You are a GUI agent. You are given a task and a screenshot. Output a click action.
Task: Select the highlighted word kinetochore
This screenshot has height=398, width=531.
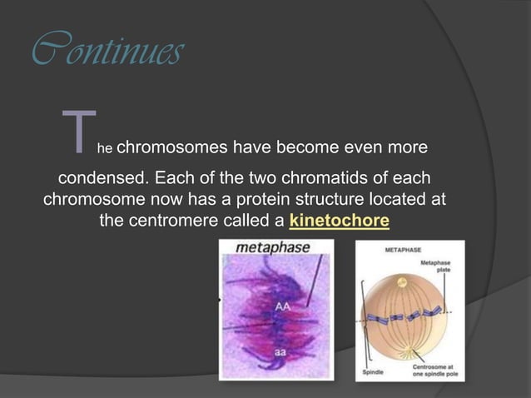(x=339, y=221)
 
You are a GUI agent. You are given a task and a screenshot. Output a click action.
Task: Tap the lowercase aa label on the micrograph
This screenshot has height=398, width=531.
(x=282, y=353)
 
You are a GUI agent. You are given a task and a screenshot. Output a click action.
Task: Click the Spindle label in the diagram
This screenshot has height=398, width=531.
(x=375, y=372)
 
